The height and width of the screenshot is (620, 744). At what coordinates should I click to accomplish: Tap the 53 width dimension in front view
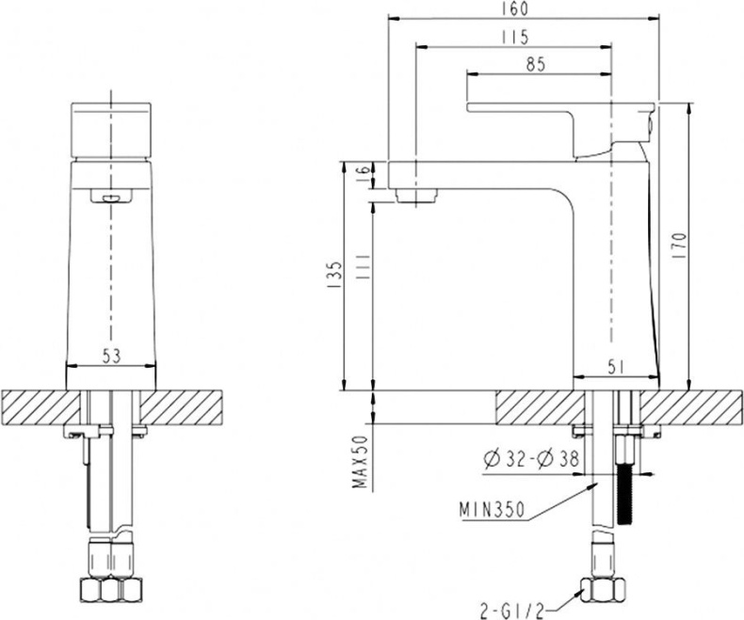[x=111, y=356]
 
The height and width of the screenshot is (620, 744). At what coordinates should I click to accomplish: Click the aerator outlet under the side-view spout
[x=419, y=196]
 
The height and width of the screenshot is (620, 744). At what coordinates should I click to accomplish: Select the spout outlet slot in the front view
[x=111, y=196]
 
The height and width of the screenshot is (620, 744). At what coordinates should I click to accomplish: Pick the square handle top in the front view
[x=111, y=129]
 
